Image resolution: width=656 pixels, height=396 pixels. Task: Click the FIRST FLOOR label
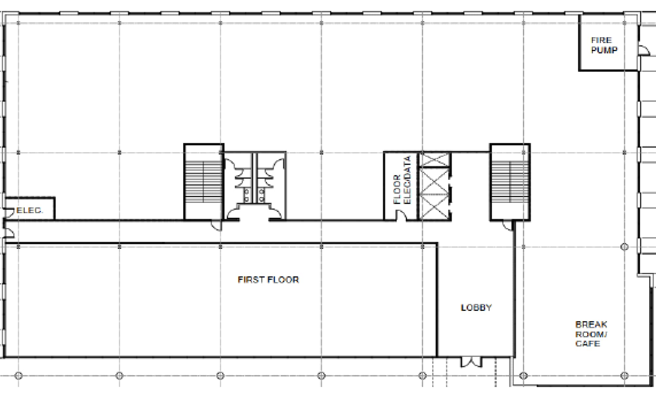pos(268,280)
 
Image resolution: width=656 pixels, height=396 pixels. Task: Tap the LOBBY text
pos(476,308)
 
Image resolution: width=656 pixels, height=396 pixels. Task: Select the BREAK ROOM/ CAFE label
pos(591,334)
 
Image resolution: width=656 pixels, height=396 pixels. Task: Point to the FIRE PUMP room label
pos(604,45)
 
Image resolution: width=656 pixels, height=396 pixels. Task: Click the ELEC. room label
pos(29,210)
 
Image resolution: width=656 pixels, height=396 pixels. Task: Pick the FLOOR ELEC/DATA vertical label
pos(402,180)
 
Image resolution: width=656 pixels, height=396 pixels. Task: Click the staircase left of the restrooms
pos(204,182)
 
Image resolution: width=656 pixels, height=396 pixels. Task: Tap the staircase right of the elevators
pos(510,182)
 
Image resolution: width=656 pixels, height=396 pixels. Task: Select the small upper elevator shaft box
pos(434,160)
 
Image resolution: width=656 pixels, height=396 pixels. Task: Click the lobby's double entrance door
pos(471,362)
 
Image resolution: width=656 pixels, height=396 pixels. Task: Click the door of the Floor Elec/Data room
pos(401,216)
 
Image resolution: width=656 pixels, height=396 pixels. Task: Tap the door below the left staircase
pos(216,225)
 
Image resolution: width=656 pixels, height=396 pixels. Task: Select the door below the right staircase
pos(508,225)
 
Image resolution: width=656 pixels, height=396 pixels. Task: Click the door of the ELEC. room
pos(9,212)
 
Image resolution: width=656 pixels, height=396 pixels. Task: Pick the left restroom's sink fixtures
pos(246,195)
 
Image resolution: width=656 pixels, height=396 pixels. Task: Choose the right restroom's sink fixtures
pos(262,195)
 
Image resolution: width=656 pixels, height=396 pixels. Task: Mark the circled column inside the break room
pos(624,247)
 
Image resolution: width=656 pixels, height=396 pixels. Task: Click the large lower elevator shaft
pos(434,193)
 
